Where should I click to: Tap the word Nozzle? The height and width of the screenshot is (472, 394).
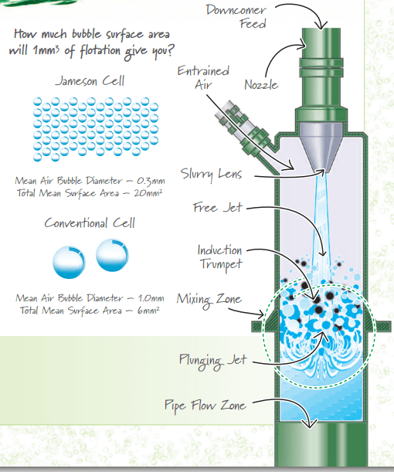coord(261,85)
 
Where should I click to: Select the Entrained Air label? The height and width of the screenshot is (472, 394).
coord(203,77)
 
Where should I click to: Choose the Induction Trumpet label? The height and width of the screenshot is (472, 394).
coord(219,257)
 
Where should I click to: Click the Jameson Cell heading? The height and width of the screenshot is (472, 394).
coord(90,80)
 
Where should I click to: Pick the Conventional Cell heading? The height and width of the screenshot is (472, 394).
coord(90,223)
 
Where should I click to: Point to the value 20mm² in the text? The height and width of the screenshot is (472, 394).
coord(142,192)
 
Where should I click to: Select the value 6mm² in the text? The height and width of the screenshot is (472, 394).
coord(146,310)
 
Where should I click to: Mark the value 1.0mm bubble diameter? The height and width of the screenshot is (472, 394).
coord(148,298)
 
